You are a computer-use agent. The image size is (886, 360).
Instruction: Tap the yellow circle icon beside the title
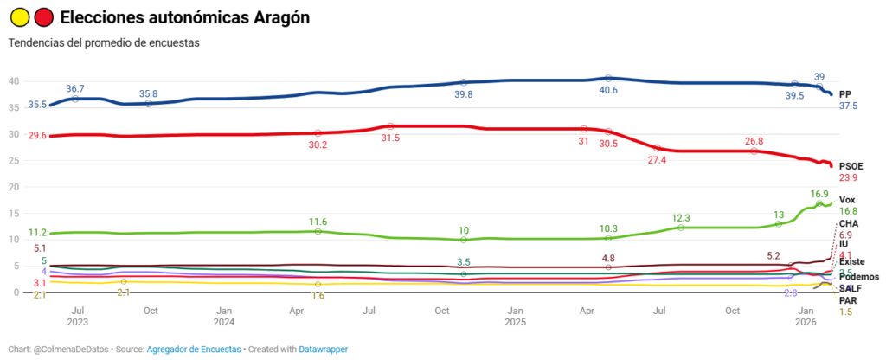(x=20, y=16)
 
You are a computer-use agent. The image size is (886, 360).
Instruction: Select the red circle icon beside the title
(x=43, y=16)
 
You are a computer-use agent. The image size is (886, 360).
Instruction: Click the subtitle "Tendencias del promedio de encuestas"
(x=104, y=42)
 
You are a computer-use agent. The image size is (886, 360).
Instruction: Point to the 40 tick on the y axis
(x=13, y=81)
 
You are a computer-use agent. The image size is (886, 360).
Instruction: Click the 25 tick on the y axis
(x=13, y=160)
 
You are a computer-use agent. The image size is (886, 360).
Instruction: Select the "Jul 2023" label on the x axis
(x=76, y=316)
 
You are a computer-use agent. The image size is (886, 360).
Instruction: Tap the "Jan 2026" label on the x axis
(x=806, y=316)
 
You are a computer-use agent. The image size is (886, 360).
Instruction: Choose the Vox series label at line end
(x=847, y=200)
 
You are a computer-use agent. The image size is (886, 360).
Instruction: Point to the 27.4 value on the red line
(x=658, y=160)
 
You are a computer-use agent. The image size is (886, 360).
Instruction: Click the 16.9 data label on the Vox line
(x=819, y=194)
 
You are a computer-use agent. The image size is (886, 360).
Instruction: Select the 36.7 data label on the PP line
(x=75, y=88)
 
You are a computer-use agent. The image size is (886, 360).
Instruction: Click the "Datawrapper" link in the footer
(x=323, y=349)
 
